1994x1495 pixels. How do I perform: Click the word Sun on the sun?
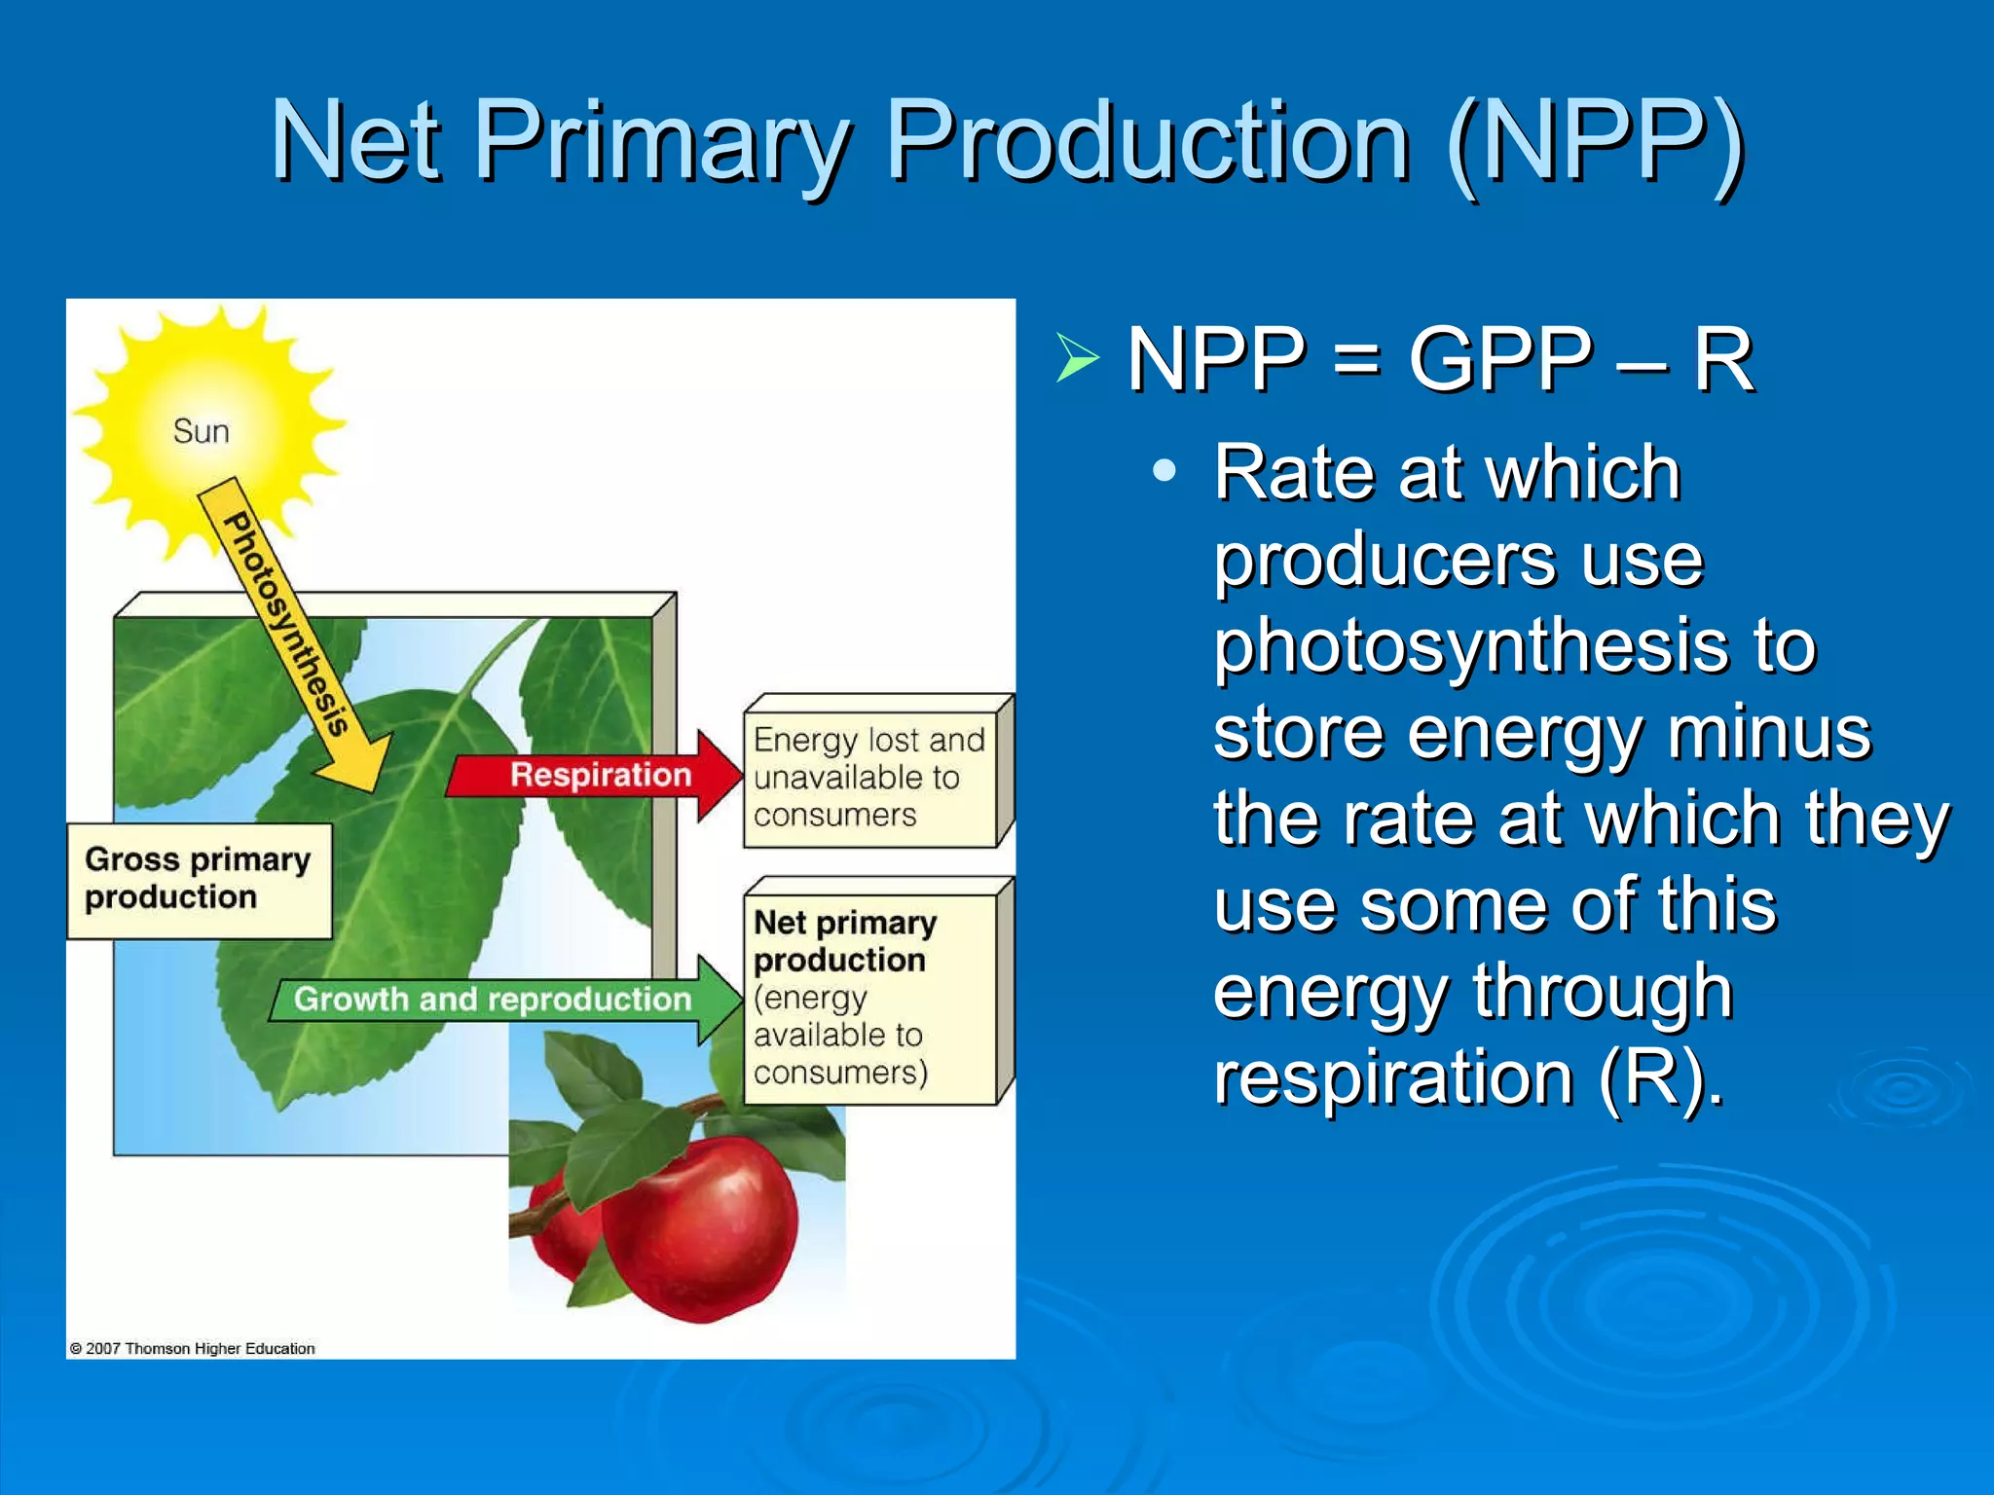point(201,431)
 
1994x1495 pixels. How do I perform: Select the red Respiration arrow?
point(594,776)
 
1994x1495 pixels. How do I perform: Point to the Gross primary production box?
point(198,879)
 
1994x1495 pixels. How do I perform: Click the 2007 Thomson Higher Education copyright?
point(193,1349)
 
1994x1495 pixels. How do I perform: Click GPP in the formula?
point(1500,359)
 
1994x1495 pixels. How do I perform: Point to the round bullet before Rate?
point(1163,472)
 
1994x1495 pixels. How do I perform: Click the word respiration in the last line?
point(1393,1078)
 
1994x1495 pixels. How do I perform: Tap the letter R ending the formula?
point(1723,359)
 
